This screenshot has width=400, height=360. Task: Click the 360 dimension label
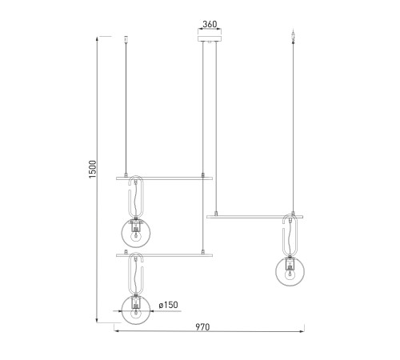pos(210,24)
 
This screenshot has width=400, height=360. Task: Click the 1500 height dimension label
pos(92,169)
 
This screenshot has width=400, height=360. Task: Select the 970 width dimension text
pos(202,327)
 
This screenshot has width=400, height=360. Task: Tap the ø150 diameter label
pos(168,305)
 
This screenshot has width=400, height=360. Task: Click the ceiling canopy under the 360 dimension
pos(210,38)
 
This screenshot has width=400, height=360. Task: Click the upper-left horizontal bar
pos(164,178)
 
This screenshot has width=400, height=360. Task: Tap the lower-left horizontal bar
pos(164,255)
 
